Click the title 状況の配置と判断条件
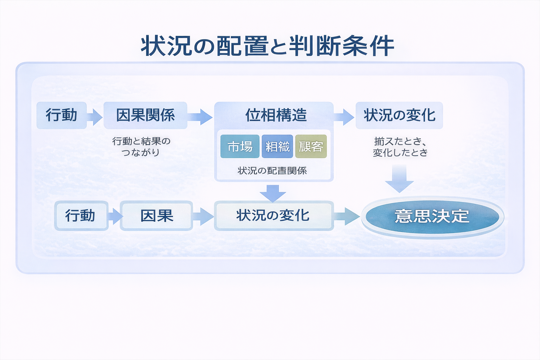267,46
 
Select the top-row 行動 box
62,115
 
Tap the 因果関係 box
145,115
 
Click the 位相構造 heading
276,115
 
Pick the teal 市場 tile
240,146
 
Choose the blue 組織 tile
277,146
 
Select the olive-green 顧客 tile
311,146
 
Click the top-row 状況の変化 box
399,115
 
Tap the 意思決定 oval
432,216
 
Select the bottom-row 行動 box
81,216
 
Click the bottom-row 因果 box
156,216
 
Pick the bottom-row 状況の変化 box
274,216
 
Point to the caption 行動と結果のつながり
141,147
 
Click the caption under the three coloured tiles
272,171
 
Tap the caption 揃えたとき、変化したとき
400,147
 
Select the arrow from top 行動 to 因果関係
95,116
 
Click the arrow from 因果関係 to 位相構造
200,116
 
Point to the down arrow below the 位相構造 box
273,193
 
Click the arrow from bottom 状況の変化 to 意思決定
346,216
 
